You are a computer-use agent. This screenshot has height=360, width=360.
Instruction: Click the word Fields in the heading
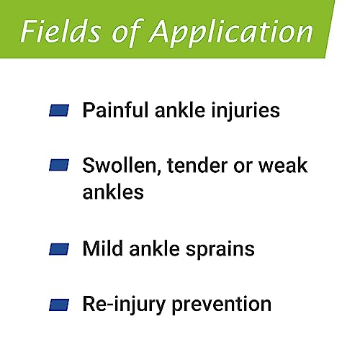click(60, 31)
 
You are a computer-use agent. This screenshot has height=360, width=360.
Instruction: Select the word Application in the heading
click(231, 33)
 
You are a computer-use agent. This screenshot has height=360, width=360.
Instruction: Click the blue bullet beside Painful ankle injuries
click(59, 110)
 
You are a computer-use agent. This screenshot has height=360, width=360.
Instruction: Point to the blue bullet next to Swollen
click(59, 165)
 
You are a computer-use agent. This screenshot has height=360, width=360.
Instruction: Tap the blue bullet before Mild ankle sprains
click(59, 249)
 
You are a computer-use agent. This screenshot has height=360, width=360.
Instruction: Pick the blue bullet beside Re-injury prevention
click(59, 305)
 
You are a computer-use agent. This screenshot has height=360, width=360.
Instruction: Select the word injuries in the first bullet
click(246, 111)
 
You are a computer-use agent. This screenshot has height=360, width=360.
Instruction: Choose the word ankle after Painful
click(180, 110)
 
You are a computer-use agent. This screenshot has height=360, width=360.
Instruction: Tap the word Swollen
click(122, 166)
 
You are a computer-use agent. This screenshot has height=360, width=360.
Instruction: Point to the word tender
click(197, 166)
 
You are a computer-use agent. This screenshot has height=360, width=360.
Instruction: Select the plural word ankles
click(113, 192)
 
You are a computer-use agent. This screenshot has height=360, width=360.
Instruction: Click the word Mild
click(103, 248)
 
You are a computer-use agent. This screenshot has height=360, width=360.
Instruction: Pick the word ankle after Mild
click(155, 248)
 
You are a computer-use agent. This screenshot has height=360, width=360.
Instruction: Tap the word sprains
click(220, 251)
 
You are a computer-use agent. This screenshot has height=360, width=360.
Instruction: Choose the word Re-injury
click(124, 305)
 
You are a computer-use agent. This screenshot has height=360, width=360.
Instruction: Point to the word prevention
click(222, 306)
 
